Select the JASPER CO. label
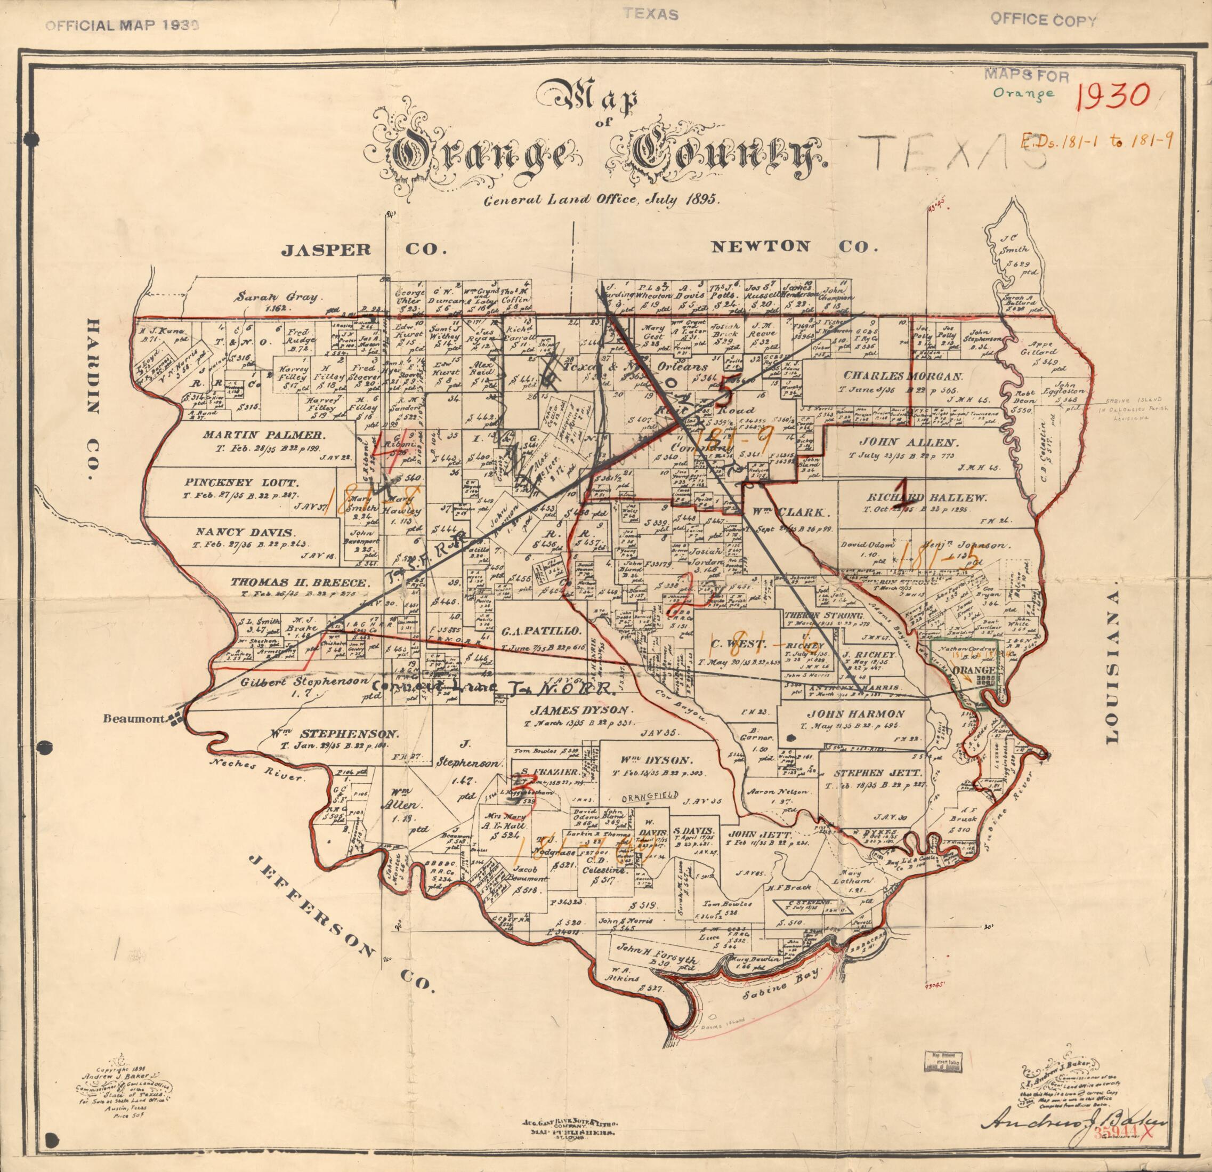click(363, 250)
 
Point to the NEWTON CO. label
click(794, 246)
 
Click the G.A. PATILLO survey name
click(541, 631)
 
